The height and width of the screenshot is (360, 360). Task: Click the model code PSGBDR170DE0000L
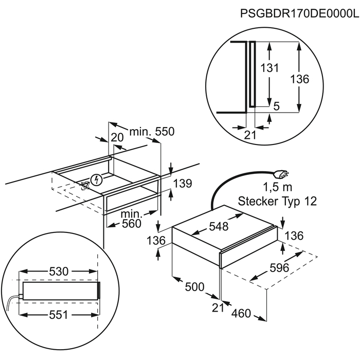coord(299,13)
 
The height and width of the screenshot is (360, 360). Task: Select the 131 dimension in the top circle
coord(269,68)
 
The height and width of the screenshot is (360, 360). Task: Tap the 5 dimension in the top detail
coord(277,106)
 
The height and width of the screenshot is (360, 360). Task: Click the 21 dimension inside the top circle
coord(250,135)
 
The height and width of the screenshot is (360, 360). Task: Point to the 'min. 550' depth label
coord(152,132)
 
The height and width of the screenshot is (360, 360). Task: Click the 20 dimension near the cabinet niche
coord(117,137)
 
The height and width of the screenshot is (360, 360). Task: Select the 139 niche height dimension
coord(182,184)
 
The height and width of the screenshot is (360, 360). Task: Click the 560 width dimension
coord(132,224)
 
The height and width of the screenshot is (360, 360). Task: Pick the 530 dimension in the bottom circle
coord(59,272)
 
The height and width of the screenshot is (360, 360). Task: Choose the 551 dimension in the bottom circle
coord(59,315)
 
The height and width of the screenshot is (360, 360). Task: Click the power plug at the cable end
coord(281,174)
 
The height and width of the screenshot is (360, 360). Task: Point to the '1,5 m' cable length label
coord(277,187)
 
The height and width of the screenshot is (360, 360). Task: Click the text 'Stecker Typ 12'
coord(277,202)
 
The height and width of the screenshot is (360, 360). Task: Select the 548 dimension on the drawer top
coord(219,226)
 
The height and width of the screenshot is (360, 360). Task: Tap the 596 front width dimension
coord(279,268)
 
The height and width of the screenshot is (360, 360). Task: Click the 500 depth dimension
coord(195,287)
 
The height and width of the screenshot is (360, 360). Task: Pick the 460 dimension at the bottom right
coord(241,313)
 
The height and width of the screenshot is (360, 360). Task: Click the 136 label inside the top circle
coord(300,79)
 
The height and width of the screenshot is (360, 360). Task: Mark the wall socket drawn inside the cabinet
coord(85,185)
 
